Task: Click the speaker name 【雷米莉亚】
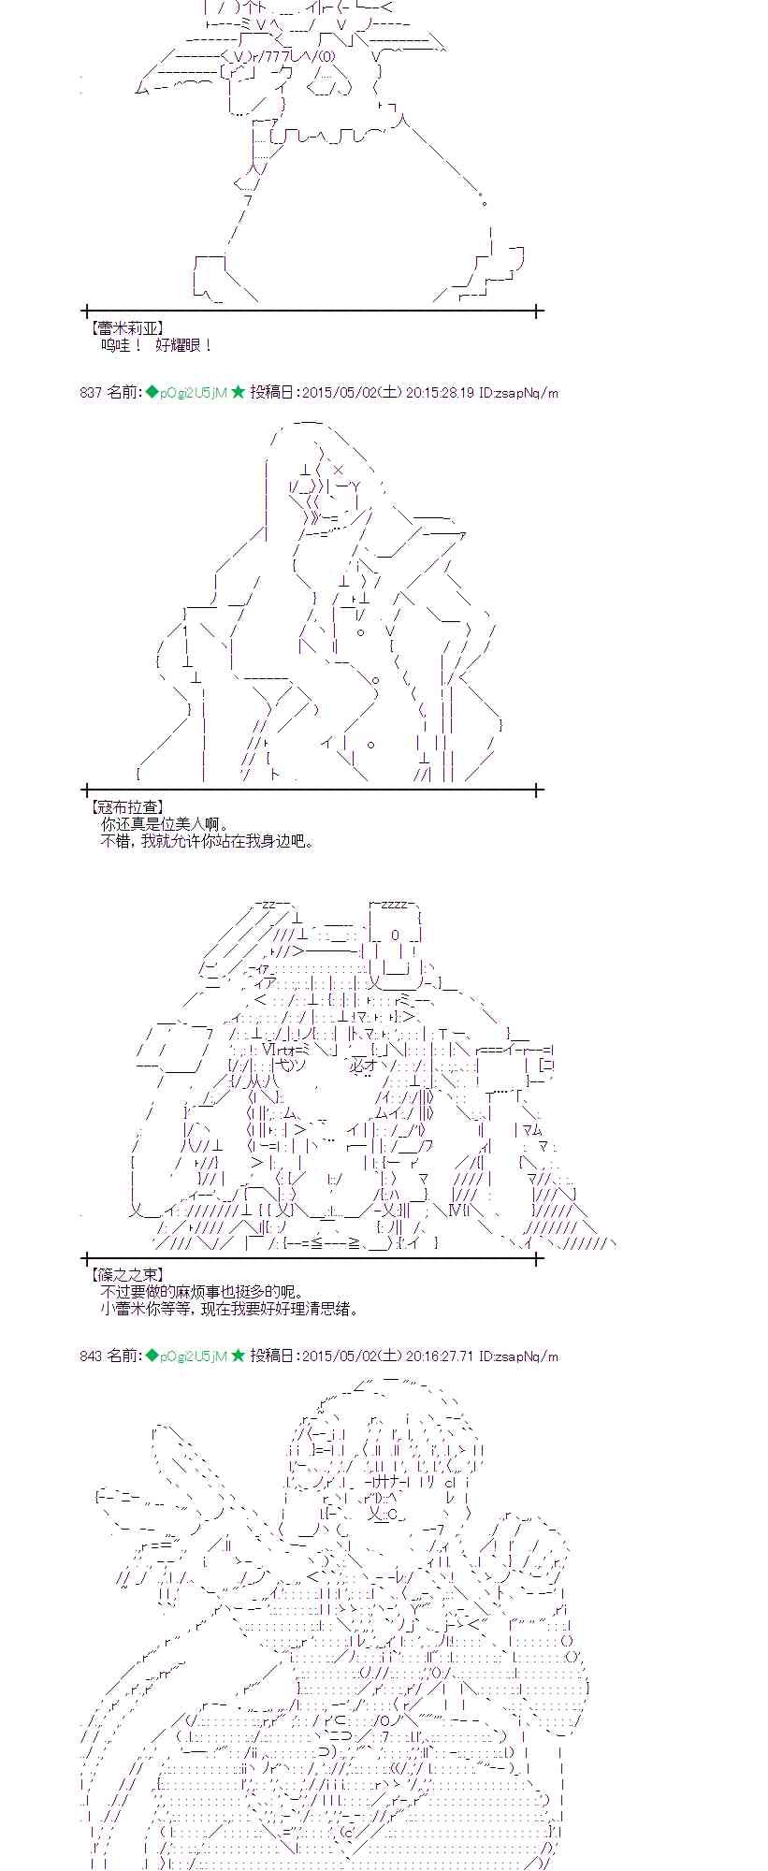tap(126, 328)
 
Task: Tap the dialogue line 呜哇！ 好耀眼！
tap(156, 345)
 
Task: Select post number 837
tap(91, 393)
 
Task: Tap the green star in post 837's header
tap(239, 393)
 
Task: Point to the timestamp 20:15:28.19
tap(440, 393)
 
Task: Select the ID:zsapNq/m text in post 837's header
tap(518, 393)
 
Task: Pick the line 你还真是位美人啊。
tap(164, 824)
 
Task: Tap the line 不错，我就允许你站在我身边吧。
tap(207, 841)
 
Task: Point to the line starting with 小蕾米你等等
tap(228, 1309)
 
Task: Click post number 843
tap(91, 1356)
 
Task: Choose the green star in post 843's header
tap(239, 1356)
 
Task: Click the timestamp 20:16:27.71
tap(440, 1356)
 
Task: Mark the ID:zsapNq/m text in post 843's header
tap(518, 1356)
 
